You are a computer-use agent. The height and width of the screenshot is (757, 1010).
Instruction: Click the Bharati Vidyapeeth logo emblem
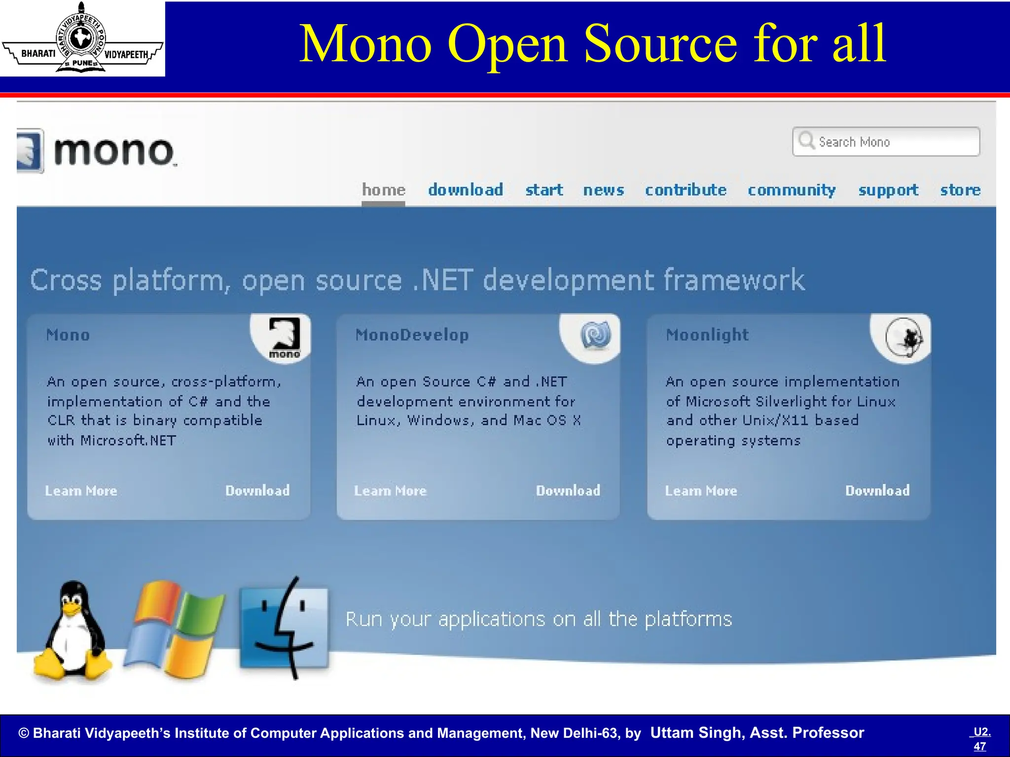click(82, 38)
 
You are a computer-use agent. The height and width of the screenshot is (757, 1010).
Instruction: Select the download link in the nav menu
click(466, 190)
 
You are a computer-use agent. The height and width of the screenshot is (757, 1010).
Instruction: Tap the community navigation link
click(792, 190)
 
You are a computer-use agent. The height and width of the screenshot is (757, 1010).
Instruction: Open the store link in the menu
click(960, 190)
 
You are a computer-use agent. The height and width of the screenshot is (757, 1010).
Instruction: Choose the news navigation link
click(603, 190)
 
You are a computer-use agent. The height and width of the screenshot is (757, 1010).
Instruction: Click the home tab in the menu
click(384, 190)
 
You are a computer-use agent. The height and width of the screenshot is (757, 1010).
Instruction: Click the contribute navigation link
click(685, 190)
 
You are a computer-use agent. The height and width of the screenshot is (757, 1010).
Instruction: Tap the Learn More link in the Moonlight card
click(701, 491)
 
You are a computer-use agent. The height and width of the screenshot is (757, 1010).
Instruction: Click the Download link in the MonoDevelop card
click(568, 490)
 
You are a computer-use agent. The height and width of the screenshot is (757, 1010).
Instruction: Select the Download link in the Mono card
click(257, 490)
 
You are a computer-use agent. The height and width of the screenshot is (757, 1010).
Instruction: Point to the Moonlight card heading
click(707, 335)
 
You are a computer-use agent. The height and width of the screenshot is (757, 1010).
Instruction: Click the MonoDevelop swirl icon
click(596, 335)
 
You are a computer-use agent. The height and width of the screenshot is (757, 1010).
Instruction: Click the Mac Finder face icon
click(284, 627)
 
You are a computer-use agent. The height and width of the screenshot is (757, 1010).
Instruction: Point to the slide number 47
click(980, 746)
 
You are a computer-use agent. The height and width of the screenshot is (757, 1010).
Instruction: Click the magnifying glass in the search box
click(806, 140)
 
